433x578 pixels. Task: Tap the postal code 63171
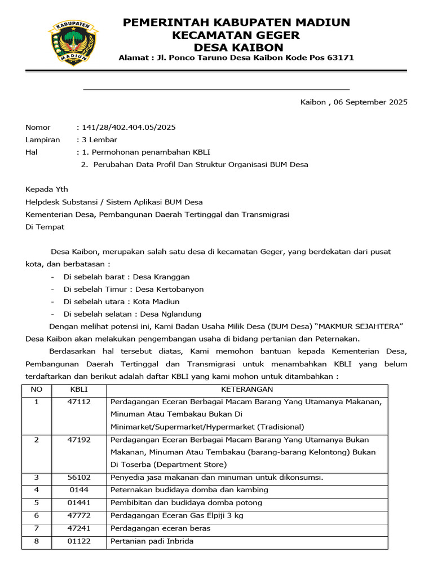[341, 58]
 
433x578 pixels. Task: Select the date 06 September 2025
[370, 102]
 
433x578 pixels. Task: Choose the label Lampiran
[42, 139]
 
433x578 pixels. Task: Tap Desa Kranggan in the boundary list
[161, 277]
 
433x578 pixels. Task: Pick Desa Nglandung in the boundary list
[170, 314]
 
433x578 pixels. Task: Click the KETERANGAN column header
[247, 389]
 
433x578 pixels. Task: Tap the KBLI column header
[79, 389]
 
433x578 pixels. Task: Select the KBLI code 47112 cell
[79, 402]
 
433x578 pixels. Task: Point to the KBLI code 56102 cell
[79, 477]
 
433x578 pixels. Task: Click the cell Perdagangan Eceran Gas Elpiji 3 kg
[177, 515]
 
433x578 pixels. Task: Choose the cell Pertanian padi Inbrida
[152, 541]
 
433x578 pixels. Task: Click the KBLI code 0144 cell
[79, 489]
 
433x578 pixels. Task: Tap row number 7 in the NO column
[37, 528]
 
